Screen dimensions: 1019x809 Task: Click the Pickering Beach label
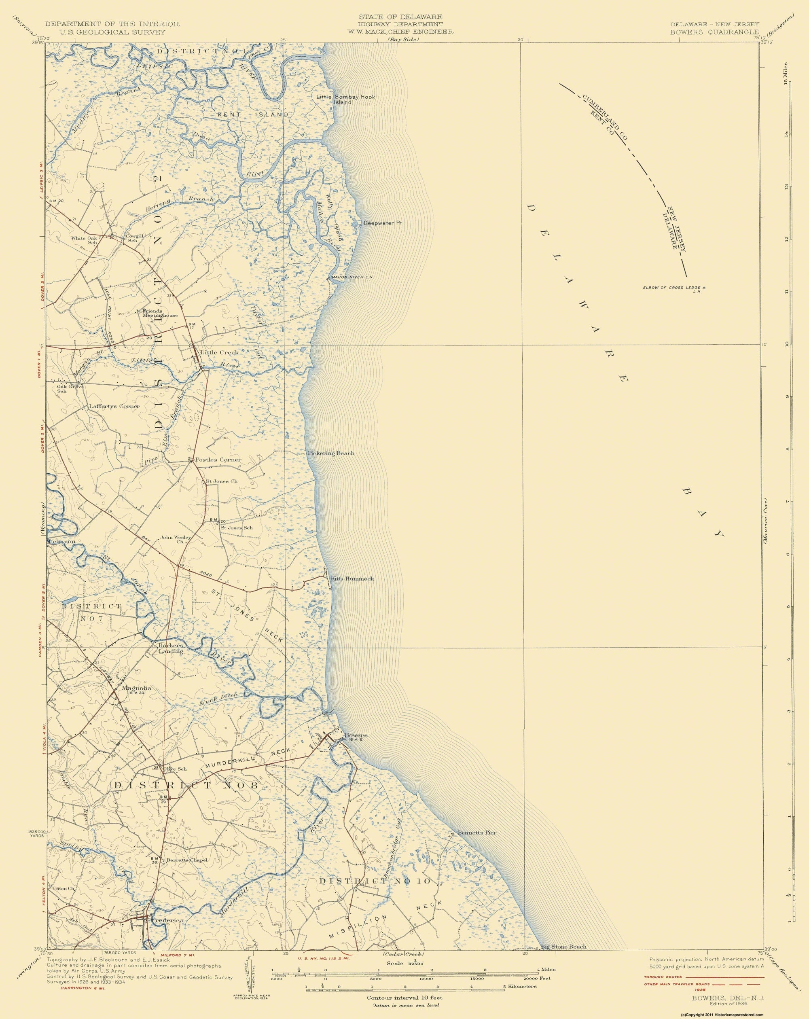[x=331, y=453]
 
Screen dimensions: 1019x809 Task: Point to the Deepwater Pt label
[x=382, y=222]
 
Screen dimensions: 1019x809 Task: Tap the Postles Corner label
[x=218, y=460]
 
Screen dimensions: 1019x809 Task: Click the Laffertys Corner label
[x=114, y=406]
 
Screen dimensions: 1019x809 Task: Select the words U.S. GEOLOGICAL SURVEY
[x=111, y=32]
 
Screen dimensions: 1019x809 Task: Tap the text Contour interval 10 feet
[x=405, y=996]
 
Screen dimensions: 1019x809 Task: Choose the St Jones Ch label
[x=221, y=482]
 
